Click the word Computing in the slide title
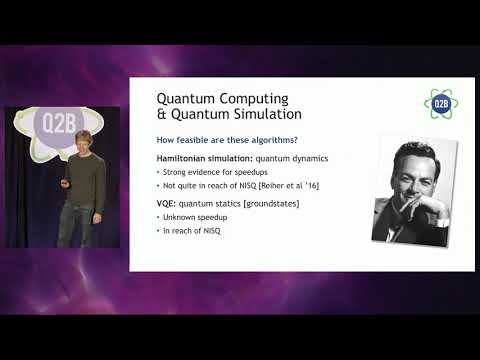250,99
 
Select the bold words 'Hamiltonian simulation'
200,159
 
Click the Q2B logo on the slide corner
440,103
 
